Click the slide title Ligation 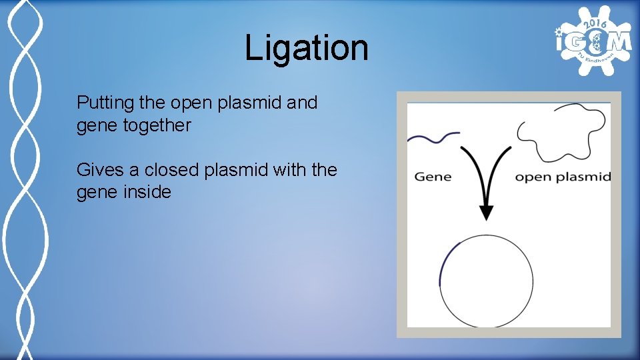pos(306,49)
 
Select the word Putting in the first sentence pos(101,104)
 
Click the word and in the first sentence pos(302,103)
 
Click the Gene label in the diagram pos(433,177)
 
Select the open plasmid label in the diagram pos(563,177)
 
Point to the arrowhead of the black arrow pos(487,213)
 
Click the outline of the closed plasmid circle pos(533,281)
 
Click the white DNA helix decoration pos(23,180)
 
